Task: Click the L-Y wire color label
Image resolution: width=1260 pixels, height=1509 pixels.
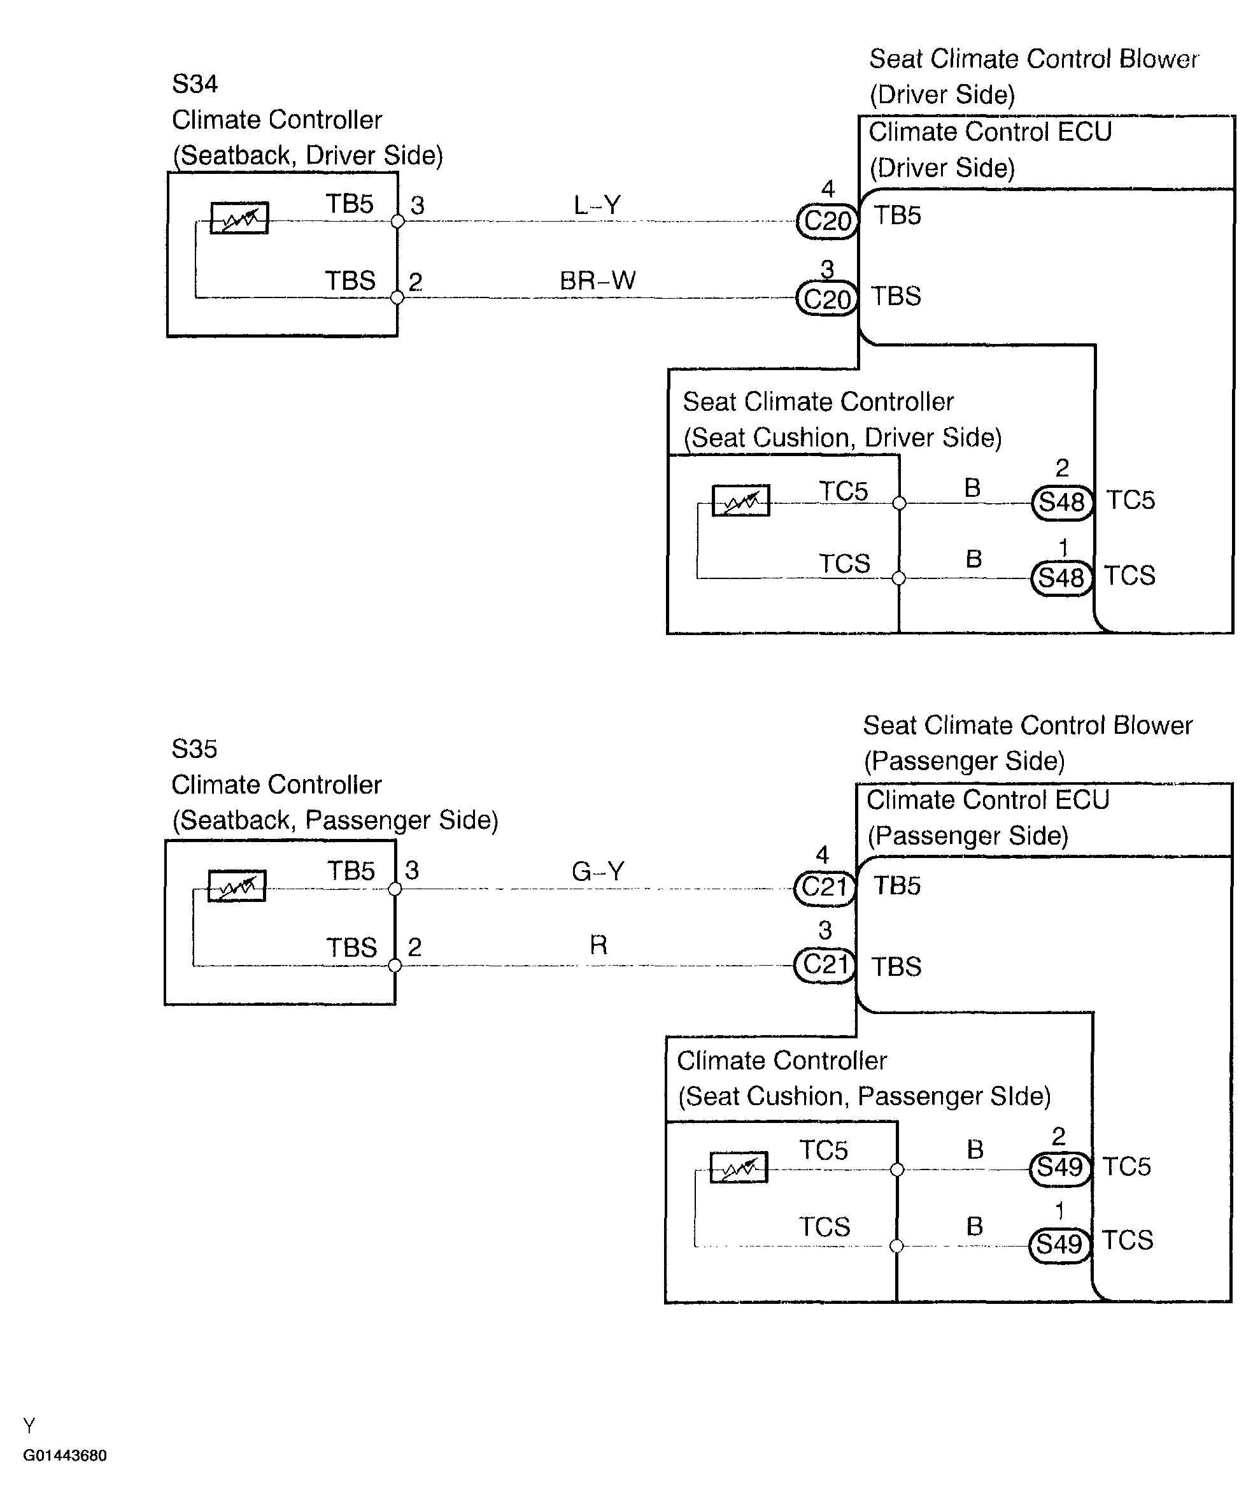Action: point(597,206)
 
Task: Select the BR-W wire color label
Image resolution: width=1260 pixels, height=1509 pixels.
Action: point(598,280)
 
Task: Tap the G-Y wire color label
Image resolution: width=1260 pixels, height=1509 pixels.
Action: point(598,871)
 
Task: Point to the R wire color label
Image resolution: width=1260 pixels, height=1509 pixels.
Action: point(598,944)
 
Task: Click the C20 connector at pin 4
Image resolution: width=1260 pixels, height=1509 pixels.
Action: point(828,220)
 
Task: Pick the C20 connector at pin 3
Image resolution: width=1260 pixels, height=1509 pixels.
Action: point(828,298)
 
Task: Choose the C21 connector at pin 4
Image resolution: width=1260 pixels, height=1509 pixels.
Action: point(825,888)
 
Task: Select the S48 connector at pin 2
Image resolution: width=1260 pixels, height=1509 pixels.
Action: point(1063,503)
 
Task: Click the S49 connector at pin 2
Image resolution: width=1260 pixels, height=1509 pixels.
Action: point(1060,1168)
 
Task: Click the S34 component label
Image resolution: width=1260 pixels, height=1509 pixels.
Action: point(195,84)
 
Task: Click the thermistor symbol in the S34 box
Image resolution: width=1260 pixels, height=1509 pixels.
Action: point(239,218)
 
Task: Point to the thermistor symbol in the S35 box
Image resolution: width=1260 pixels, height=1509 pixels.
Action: point(237,885)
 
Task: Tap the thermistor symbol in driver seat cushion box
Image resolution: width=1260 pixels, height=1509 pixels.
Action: point(740,500)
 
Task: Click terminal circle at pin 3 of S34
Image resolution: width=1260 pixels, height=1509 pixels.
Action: point(397,221)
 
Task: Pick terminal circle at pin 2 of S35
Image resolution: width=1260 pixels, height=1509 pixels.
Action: point(394,965)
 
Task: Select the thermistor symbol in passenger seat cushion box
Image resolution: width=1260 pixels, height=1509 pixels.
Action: point(739,1167)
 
